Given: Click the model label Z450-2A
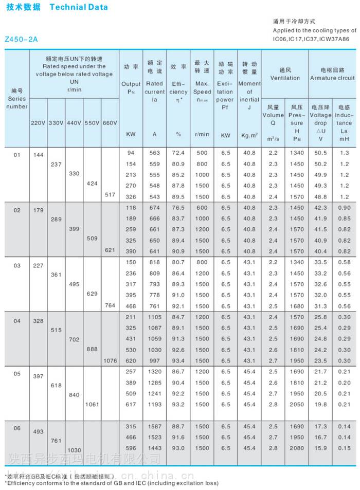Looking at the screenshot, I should click(21, 39).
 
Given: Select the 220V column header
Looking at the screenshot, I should click(38, 123).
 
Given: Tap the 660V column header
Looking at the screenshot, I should click(110, 123).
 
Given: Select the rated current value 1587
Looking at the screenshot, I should click(154, 427).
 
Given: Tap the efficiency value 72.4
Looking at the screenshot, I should click(178, 153).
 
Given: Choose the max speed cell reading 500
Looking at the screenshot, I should click(202, 153).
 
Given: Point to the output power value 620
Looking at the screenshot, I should click(131, 361).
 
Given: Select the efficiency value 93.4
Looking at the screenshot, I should click(178, 361).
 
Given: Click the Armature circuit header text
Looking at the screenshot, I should click(332, 78).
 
